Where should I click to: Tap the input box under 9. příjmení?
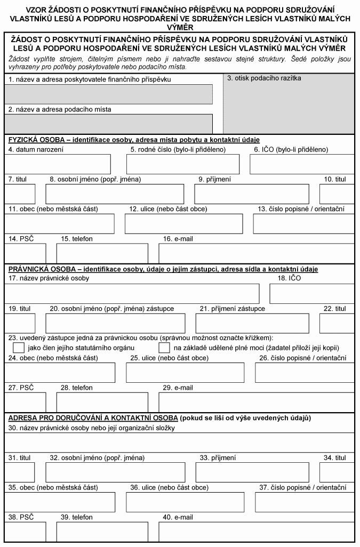(252, 194)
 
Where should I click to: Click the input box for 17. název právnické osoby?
(132, 294)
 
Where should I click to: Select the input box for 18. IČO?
(311, 294)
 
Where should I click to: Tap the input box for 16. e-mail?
(256, 253)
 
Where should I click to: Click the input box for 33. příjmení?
(252, 472)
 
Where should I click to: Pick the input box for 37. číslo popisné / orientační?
(304, 502)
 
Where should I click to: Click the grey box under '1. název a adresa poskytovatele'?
(108, 94)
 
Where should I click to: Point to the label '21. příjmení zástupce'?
(232, 309)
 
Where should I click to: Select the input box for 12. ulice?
(182, 224)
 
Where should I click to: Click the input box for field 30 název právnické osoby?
(179, 443)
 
